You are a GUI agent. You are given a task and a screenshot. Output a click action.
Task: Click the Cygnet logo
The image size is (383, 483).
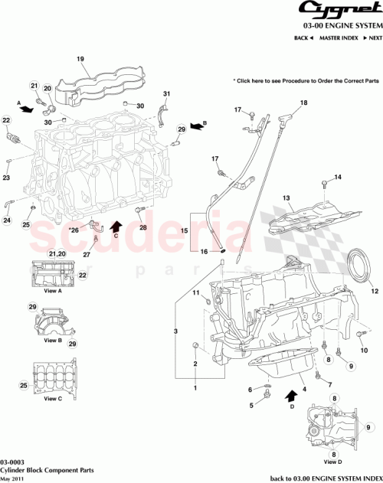coord(338,10)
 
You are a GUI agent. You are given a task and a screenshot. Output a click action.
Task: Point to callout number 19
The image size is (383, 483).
coord(79,58)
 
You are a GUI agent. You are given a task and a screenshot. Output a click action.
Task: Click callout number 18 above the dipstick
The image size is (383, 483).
coord(303,103)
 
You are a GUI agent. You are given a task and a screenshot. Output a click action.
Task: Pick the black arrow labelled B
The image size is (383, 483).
coord(198,125)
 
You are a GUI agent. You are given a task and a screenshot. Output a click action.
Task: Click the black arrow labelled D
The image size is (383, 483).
coord(292,395)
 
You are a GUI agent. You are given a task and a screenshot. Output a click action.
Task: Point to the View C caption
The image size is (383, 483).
coord(52,399)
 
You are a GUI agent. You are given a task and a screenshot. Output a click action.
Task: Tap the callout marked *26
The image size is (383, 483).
coord(74,229)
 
